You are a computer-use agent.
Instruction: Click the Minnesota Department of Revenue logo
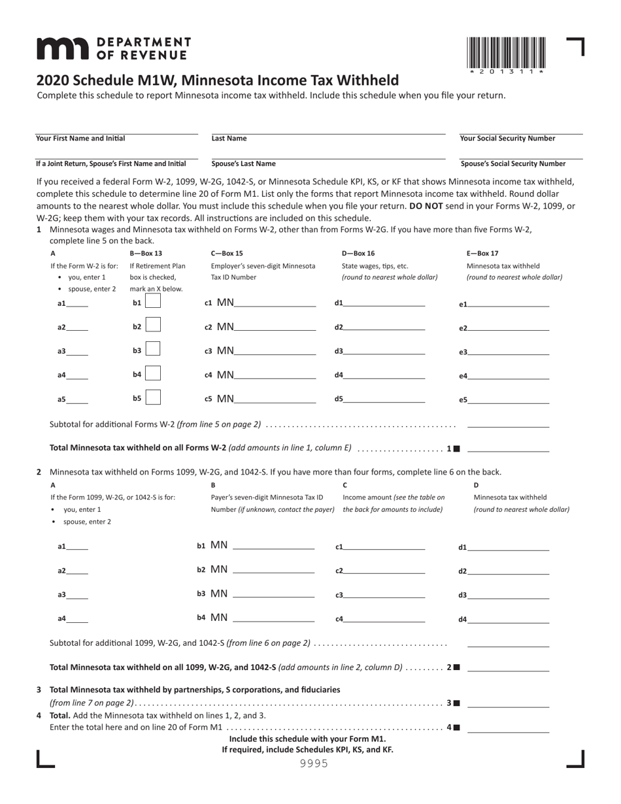(113, 49)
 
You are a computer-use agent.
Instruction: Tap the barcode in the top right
(506, 55)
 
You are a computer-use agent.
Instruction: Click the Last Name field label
(229, 139)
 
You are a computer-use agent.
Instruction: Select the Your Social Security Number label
(507, 139)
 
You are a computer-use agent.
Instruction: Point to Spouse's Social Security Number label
(513, 164)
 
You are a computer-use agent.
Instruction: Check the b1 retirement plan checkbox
(153, 302)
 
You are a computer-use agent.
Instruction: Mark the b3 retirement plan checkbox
(153, 350)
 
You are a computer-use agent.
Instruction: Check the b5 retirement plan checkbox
(153, 397)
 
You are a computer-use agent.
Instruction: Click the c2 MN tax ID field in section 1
(275, 327)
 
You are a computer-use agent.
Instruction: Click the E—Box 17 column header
(482, 254)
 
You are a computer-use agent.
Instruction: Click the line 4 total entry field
(509, 727)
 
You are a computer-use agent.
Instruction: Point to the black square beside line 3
(457, 703)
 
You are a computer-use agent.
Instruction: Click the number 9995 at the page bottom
(314, 763)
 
